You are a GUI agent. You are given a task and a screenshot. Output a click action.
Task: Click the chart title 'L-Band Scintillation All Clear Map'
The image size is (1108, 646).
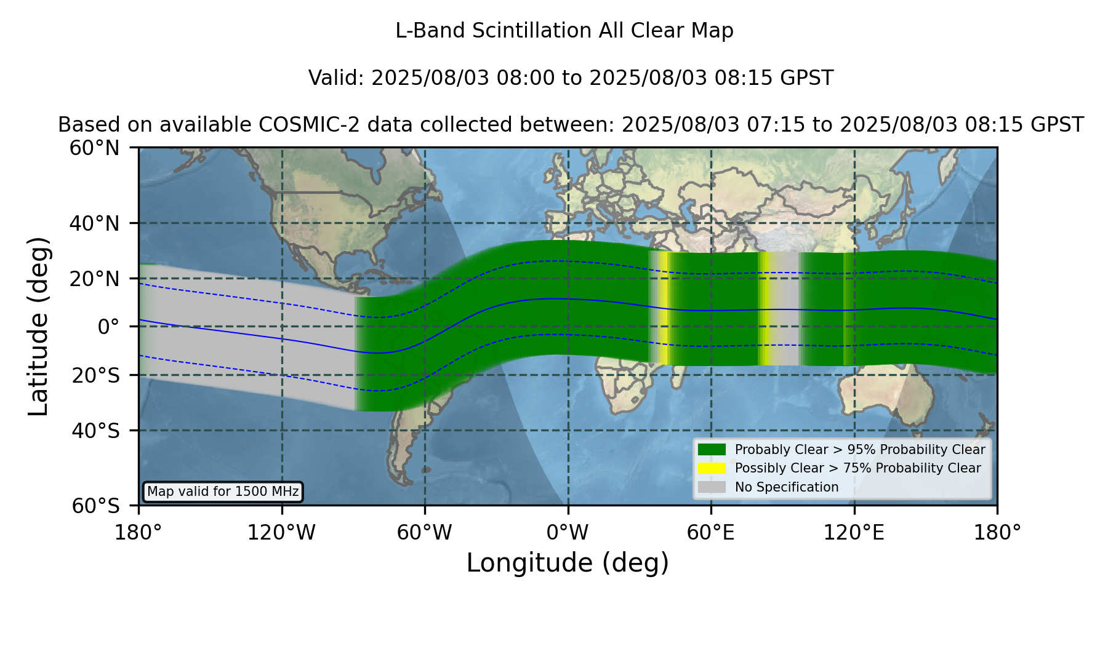click(x=564, y=31)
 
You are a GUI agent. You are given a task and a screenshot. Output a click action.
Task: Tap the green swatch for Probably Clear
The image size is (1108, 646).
click(x=712, y=449)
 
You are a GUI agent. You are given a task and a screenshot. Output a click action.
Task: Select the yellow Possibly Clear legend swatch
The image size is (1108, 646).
click(x=712, y=468)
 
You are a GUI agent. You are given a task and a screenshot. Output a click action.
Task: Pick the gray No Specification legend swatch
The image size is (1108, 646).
click(x=712, y=487)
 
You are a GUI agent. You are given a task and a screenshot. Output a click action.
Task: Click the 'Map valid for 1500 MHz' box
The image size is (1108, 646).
click(x=223, y=492)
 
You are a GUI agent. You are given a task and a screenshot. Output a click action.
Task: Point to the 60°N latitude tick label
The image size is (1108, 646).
click(x=95, y=148)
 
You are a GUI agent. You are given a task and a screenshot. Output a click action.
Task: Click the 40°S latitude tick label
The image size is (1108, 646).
click(x=96, y=430)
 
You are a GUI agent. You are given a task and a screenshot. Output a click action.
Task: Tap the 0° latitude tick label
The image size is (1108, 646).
click(x=109, y=326)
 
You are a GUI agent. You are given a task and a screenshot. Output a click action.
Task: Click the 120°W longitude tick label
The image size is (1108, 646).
click(x=281, y=532)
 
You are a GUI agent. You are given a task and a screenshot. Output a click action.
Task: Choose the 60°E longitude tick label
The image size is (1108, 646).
click(x=711, y=532)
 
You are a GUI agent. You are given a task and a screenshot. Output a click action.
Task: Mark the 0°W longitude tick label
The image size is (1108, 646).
click(x=568, y=532)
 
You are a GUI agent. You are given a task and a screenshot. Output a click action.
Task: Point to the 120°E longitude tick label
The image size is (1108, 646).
click(x=854, y=532)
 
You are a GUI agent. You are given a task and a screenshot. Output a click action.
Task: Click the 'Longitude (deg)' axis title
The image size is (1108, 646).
click(x=568, y=563)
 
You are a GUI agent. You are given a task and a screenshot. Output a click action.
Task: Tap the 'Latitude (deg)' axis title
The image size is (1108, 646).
click(x=39, y=326)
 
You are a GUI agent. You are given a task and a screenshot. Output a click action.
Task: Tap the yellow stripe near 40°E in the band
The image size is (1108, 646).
click(x=664, y=308)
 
